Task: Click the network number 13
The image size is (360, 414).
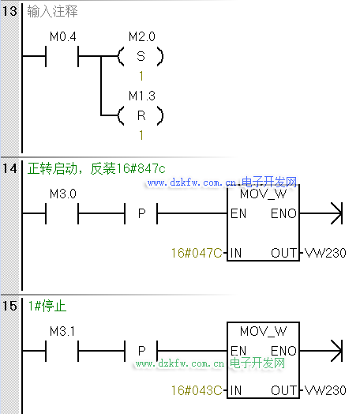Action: coord(9,11)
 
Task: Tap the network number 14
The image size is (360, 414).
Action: coord(9,168)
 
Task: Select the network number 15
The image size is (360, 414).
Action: coord(9,306)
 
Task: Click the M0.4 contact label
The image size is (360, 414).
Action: coord(63,36)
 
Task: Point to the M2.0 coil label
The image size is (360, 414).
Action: coord(142,36)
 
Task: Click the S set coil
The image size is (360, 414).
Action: coord(141,56)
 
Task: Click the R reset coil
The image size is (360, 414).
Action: coord(141,115)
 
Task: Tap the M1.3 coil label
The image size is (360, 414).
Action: coord(142,96)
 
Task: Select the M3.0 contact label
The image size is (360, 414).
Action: coord(63,194)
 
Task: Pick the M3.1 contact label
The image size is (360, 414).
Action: coord(62,331)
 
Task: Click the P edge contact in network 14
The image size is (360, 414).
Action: coord(141,213)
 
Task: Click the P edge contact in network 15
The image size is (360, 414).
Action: coord(141,351)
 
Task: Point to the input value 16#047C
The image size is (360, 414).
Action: coord(197,253)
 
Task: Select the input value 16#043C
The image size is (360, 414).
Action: coord(197,390)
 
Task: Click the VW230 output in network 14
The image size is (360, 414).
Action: coord(325,253)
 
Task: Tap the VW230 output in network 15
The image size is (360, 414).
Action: coord(325,390)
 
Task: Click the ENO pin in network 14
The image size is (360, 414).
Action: coord(283,213)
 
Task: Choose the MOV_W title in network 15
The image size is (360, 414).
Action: coord(263,331)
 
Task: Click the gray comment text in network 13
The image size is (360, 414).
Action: coord(52,11)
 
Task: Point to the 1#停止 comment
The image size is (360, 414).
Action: coord(47,306)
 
